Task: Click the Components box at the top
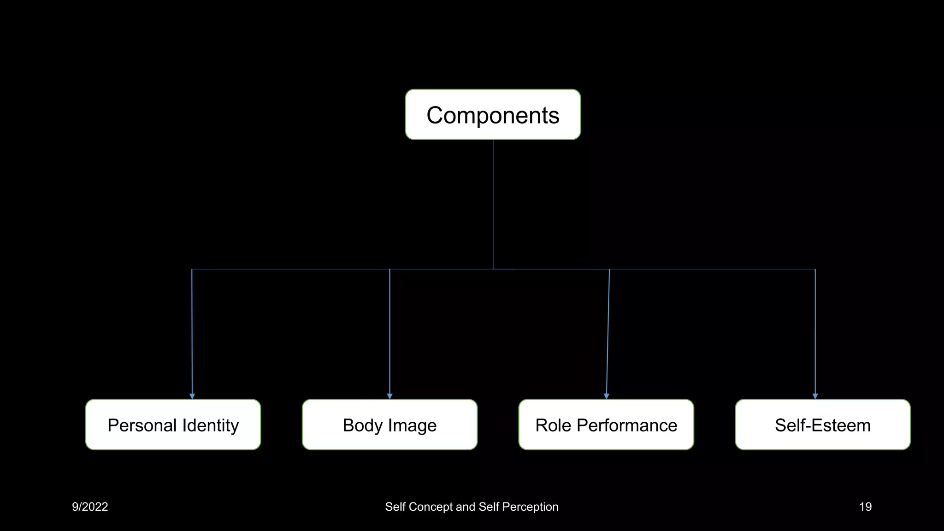coord(493,115)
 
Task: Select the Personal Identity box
coord(173,425)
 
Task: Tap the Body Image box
coord(389,425)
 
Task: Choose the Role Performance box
coord(606,425)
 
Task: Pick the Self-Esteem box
coord(823,425)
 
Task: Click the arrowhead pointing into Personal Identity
coord(192,396)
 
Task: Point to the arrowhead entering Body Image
coord(390,396)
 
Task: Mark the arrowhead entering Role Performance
coord(607,396)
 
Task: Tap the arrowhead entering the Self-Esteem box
coord(815,396)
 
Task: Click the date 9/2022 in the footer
coord(90,507)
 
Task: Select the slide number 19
coord(865,507)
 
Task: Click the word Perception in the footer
coord(530,507)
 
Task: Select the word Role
coord(553,425)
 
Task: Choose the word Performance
coord(627,425)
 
